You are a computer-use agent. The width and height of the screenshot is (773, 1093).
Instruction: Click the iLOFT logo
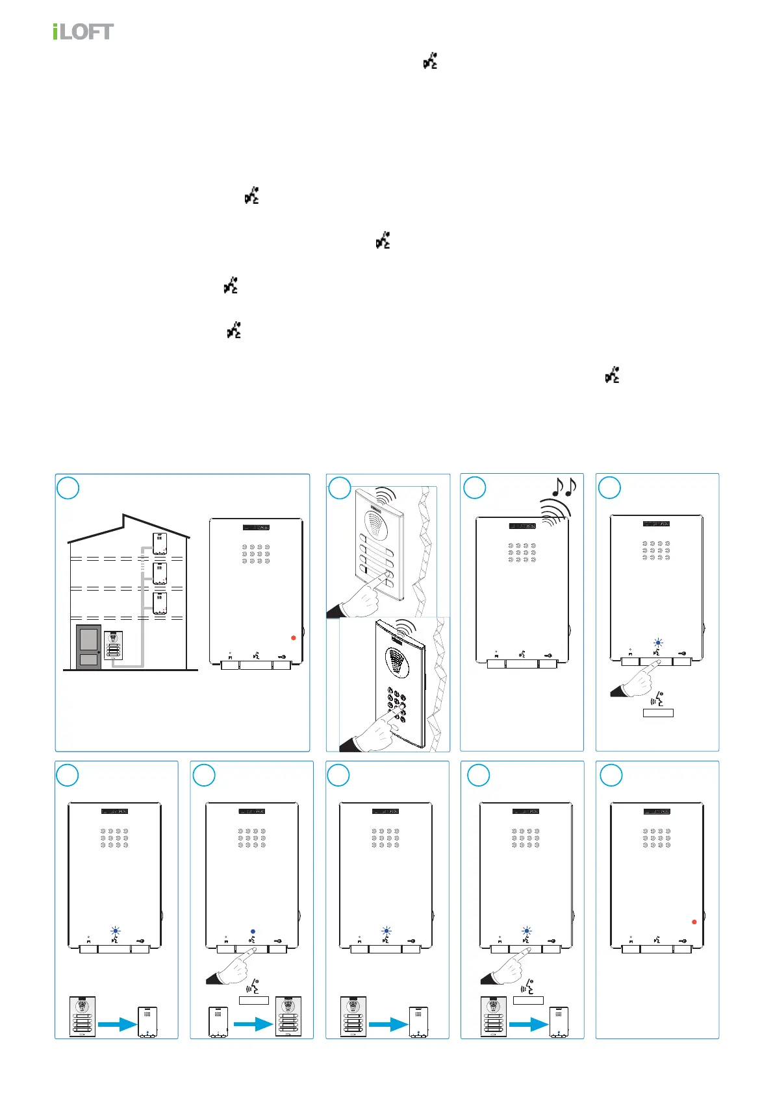pos(83,31)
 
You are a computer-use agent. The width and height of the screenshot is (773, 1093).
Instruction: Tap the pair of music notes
pos(563,487)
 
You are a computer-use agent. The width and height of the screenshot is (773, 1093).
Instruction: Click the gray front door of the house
pos(89,646)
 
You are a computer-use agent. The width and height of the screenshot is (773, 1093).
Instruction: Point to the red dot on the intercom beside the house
pos(294,638)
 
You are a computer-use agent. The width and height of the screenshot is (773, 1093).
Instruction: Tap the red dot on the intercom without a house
pos(694,922)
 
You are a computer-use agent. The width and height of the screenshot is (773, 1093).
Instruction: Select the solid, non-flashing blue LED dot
pos(253,931)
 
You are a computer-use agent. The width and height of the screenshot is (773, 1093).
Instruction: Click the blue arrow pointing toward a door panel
pos(253,1024)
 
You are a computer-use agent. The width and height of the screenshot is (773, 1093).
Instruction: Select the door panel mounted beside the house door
pos(114,645)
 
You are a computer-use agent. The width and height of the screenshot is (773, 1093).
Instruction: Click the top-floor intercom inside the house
pos(159,543)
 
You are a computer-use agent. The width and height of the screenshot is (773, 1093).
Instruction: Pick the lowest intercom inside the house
pos(159,603)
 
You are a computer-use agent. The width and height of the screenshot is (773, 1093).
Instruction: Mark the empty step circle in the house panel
pos(68,488)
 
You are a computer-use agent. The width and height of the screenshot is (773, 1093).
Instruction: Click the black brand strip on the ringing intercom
pos(522,526)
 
